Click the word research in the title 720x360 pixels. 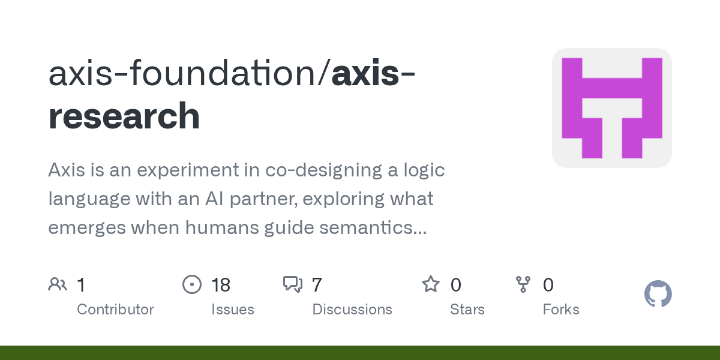(x=124, y=116)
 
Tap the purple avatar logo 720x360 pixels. (x=611, y=108)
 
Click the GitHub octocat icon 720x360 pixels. (x=658, y=294)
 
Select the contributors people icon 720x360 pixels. (x=58, y=284)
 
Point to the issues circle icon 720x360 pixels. (x=192, y=284)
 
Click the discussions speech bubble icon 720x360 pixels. (x=293, y=284)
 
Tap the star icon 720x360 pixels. (x=431, y=284)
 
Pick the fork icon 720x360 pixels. (x=523, y=284)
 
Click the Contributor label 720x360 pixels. (x=115, y=310)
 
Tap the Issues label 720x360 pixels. (x=233, y=310)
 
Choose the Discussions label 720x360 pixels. (x=352, y=310)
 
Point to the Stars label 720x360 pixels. (x=467, y=310)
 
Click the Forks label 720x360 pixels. (x=561, y=310)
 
